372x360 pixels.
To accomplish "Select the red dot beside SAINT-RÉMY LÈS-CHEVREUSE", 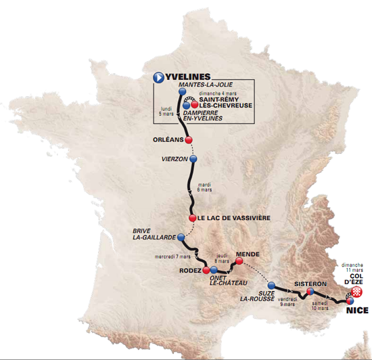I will (x=194, y=106).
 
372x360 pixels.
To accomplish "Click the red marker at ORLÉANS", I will (x=189, y=140).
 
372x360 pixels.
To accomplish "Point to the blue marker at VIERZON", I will (x=193, y=159).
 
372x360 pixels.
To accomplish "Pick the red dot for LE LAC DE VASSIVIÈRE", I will (x=193, y=218).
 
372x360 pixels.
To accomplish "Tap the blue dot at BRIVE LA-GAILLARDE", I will (x=181, y=238).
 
